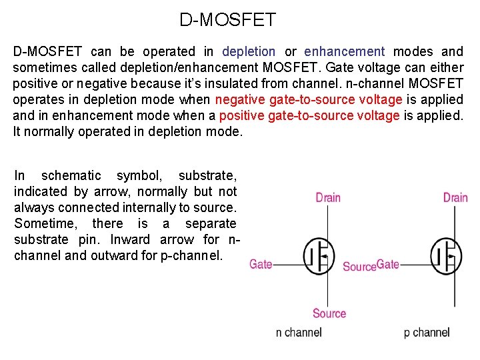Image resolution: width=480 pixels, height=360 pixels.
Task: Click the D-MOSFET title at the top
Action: pos(227,20)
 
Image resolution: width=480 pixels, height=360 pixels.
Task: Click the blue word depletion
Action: pos(248,51)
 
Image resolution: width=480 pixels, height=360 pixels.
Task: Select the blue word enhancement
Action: pos(344,51)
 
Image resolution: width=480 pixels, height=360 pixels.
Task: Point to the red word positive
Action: pos(241,115)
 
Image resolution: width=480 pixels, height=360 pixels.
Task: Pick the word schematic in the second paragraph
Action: pos(71,175)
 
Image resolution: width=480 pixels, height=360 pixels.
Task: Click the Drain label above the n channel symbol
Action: pos(328,197)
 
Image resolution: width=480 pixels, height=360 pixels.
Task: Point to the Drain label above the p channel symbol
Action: pos(455,197)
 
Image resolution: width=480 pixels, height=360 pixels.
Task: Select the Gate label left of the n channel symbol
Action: pos(261,264)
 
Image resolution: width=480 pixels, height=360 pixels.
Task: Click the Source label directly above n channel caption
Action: pos(329,313)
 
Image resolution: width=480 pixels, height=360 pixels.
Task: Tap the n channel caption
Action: pos(299,332)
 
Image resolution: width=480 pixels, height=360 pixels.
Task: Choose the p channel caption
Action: pos(427,332)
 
